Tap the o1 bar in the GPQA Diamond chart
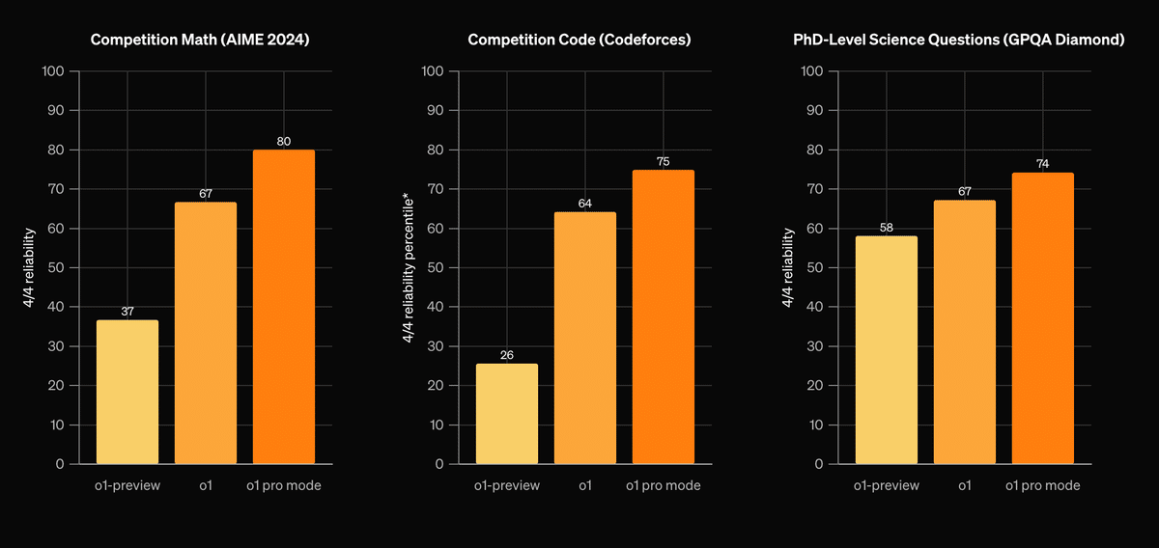point(964,332)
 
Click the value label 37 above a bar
point(127,312)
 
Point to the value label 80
point(284,142)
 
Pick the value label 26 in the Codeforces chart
point(507,355)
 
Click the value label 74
point(1042,165)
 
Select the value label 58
point(886,228)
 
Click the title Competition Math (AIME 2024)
point(206,41)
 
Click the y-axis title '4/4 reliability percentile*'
point(409,267)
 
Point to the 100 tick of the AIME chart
point(53,71)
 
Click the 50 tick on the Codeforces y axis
point(433,267)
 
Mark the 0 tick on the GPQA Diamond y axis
point(818,464)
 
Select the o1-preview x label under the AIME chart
point(127,486)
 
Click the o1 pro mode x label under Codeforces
point(663,486)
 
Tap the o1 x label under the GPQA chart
point(964,486)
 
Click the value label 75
point(663,161)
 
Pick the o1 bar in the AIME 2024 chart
point(206,333)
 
